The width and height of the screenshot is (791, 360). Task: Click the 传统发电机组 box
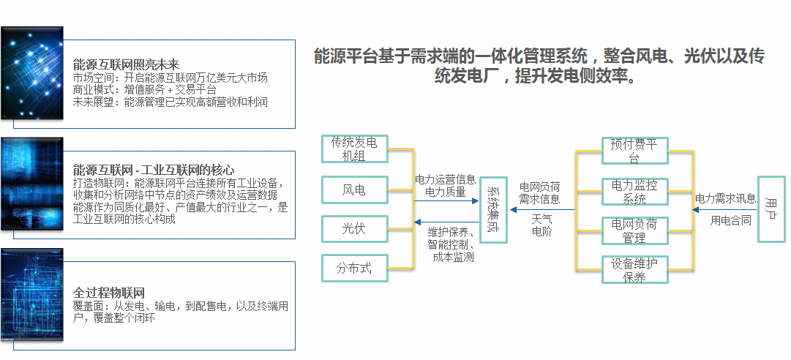coord(354,149)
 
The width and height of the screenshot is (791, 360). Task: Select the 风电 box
coord(354,190)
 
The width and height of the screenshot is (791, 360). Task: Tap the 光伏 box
coord(354,229)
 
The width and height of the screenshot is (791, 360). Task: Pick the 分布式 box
coord(354,268)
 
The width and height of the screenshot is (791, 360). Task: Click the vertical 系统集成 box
coord(494,209)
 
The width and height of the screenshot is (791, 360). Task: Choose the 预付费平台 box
coord(634,151)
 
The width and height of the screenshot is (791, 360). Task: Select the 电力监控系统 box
coord(634,192)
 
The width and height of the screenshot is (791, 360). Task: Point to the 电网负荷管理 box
coord(634,231)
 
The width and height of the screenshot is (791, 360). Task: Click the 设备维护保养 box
coord(634,271)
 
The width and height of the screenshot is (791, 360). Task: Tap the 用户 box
coord(771,209)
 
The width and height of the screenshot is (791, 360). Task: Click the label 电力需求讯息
coord(725,198)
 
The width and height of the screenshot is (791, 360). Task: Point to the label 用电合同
coord(731,220)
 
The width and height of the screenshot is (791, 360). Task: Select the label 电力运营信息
coord(445,179)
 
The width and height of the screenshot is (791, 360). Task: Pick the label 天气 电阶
coord(541,225)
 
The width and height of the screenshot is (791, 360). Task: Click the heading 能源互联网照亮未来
coord(126,64)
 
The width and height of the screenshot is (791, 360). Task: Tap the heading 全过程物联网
coord(109,292)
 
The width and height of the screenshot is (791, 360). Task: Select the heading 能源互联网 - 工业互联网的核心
coord(154,170)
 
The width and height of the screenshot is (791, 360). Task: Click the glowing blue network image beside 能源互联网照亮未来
coord(32,77)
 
